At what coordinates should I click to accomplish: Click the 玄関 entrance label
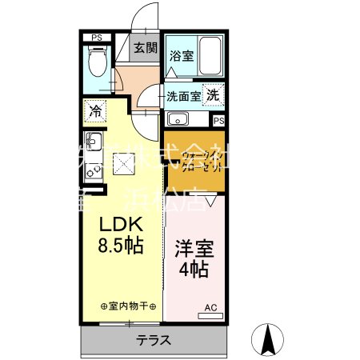[x=145, y=48]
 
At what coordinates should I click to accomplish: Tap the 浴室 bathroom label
[x=181, y=56]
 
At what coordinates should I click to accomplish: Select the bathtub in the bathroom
[x=210, y=55]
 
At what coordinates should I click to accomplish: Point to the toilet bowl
[x=98, y=60]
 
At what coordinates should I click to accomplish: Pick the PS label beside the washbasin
[x=218, y=120]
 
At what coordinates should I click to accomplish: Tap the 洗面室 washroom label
[x=182, y=95]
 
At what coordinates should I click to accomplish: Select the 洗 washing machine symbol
[x=213, y=94]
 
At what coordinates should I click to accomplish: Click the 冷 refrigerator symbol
[x=96, y=110]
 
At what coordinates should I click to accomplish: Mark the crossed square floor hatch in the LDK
[x=123, y=162]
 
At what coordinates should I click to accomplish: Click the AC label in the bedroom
[x=210, y=307]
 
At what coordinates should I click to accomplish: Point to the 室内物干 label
[x=129, y=307]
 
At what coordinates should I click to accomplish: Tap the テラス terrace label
[x=154, y=338]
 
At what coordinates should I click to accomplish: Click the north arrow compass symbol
[x=269, y=340]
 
